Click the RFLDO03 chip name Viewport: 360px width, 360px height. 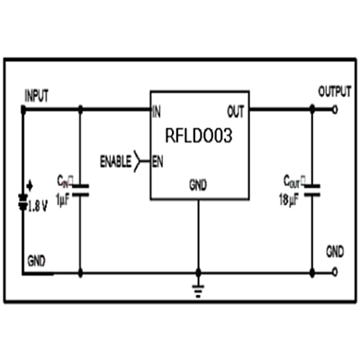tap(199, 136)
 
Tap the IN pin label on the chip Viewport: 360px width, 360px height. tap(157, 112)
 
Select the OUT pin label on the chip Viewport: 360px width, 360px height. tap(236, 112)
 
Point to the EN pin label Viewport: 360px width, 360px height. tap(157, 162)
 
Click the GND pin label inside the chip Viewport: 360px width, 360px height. tap(198, 185)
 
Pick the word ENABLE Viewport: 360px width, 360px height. tap(115, 162)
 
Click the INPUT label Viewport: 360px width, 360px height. tap(36, 96)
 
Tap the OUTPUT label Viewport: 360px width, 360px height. tap(335, 92)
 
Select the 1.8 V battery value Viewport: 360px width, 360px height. tap(38, 206)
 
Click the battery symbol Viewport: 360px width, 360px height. tap(22, 202)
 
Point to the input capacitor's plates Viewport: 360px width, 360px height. tap(80, 191)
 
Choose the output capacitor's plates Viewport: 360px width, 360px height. tap(312, 191)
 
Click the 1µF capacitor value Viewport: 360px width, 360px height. tap(62, 200)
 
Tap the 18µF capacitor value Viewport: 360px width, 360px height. tap(289, 200)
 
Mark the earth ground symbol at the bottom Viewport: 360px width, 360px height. tap(198, 291)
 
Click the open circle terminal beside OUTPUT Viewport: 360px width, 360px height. tap(335, 110)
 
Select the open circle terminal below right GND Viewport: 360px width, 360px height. tap(335, 272)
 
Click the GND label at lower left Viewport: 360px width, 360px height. tap(36, 262)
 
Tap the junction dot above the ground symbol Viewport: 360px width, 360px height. tap(198, 273)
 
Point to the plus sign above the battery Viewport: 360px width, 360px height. tap(30, 186)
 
